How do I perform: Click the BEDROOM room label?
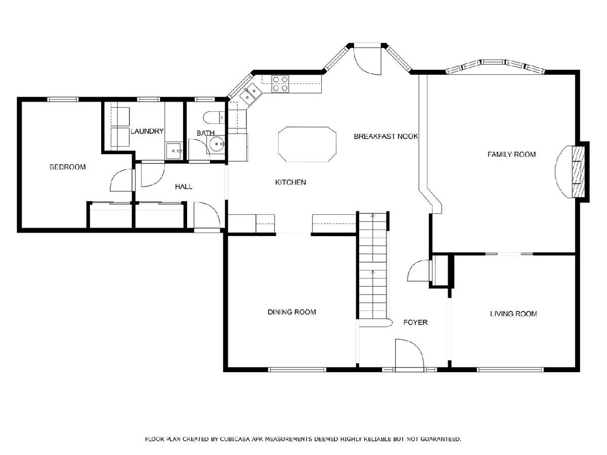[67, 167]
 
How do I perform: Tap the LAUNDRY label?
[147, 131]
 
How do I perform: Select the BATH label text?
[205, 133]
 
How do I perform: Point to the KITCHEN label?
[290, 183]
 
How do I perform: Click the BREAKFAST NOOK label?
[386, 136]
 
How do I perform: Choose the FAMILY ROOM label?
[511, 154]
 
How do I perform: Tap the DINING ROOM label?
[292, 312]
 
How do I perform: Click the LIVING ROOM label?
[513, 314]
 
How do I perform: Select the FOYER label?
[415, 323]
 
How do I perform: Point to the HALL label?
[184, 187]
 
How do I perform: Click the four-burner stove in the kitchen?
[280, 84]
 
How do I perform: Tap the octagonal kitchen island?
[307, 144]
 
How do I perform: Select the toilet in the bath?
[214, 118]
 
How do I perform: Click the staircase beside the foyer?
[373, 265]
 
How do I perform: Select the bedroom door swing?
[121, 180]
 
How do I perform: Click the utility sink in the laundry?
[174, 151]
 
